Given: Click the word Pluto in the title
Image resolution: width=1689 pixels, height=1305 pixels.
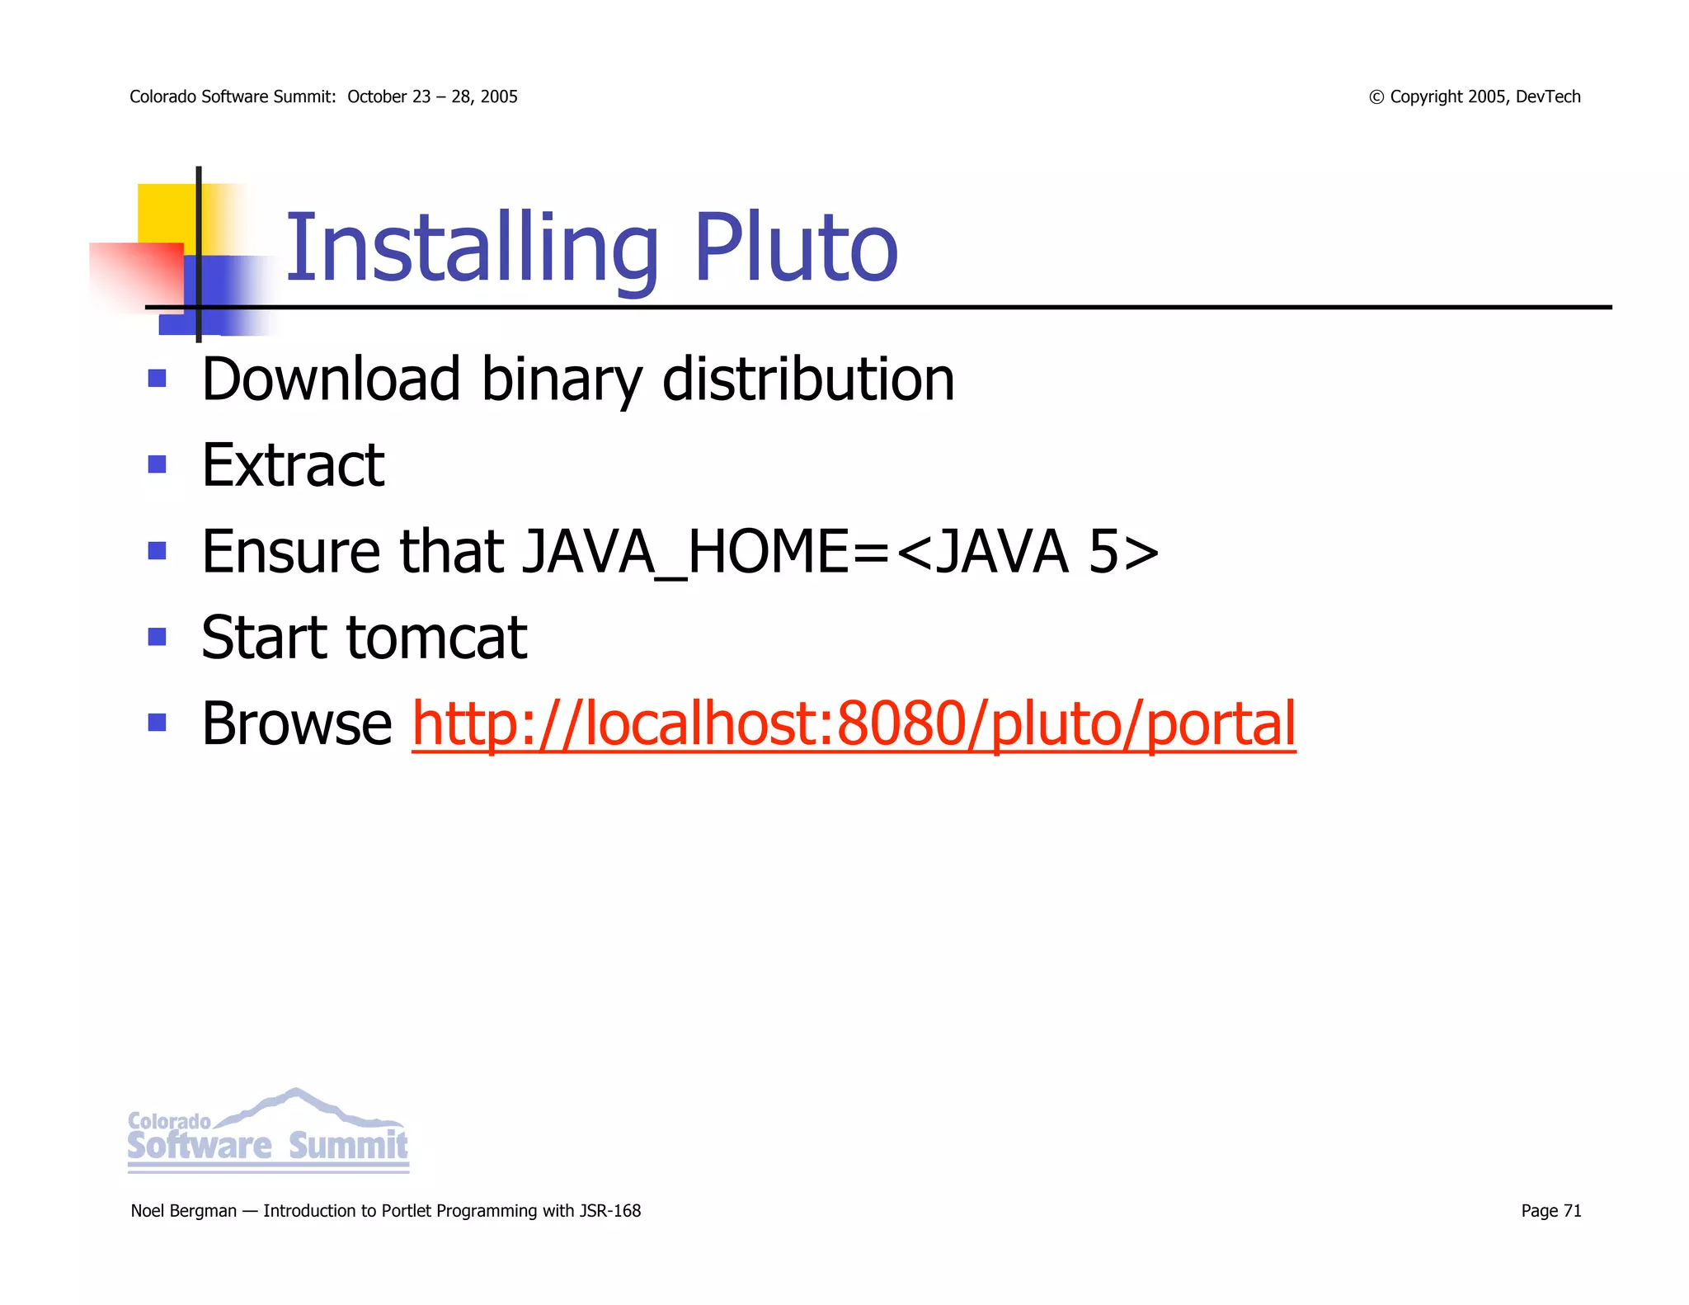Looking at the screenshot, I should pos(795,248).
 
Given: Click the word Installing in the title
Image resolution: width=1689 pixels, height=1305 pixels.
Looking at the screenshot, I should pos(471,248).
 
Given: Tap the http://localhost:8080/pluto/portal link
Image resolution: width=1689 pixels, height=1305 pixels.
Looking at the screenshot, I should pos(854,723).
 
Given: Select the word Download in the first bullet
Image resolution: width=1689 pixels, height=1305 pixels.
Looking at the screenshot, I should pos(331,379).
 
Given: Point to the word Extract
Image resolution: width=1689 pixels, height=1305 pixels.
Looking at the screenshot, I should pos(293,465).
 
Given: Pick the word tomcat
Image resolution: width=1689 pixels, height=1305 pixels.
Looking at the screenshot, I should pos(436,638).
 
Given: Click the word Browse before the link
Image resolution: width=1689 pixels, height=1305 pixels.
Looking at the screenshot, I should pos(297,723).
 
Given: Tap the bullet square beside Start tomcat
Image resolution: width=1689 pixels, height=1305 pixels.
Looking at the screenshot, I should pos(157,637).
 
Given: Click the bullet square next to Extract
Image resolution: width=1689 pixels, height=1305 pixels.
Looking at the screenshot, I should pos(157,464).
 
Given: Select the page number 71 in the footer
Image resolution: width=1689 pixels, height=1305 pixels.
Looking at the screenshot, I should pos(1572,1211).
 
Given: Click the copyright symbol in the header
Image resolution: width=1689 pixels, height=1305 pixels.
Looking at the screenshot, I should pos(1376,97).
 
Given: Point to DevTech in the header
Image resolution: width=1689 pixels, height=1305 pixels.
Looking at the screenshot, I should pos(1548,97).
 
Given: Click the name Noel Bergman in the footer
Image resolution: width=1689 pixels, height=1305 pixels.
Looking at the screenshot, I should pos(183,1211).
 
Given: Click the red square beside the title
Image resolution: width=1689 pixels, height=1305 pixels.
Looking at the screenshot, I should pos(136,276).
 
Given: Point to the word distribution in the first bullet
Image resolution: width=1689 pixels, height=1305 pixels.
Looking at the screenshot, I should pos(808,379).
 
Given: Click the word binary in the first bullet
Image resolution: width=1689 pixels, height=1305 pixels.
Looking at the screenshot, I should pos(561,379).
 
